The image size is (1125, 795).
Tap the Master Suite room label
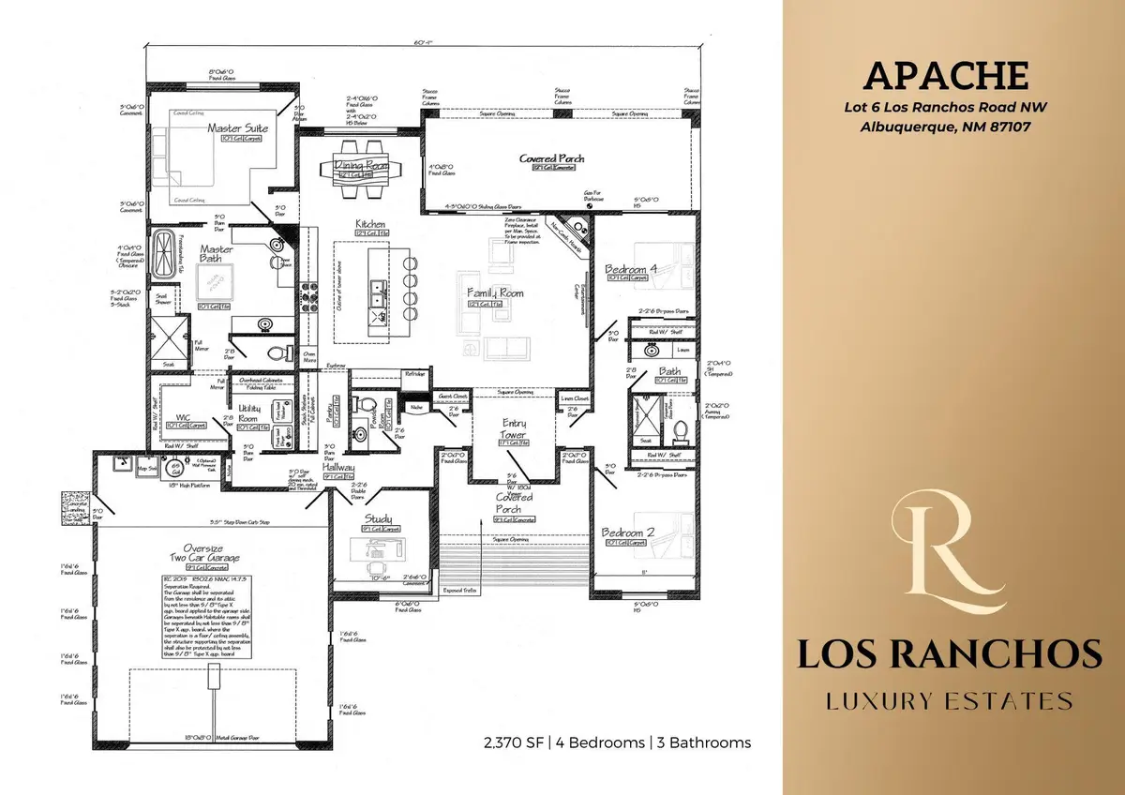click(x=238, y=127)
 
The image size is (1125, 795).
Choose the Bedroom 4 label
click(x=631, y=269)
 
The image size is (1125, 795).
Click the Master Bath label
click(x=211, y=253)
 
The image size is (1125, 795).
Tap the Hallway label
click(x=337, y=466)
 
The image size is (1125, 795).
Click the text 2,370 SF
click(x=511, y=742)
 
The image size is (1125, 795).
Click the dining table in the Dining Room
click(x=361, y=169)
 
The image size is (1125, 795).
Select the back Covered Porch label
click(x=552, y=158)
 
